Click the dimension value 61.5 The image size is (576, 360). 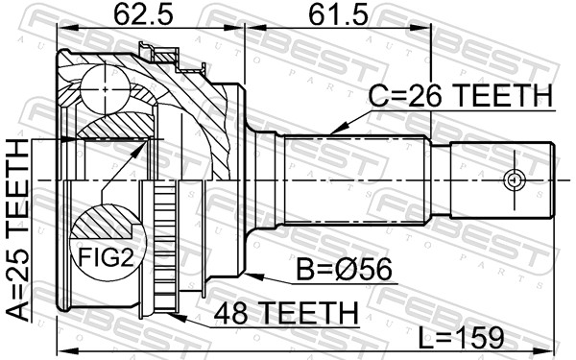point(335,16)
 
